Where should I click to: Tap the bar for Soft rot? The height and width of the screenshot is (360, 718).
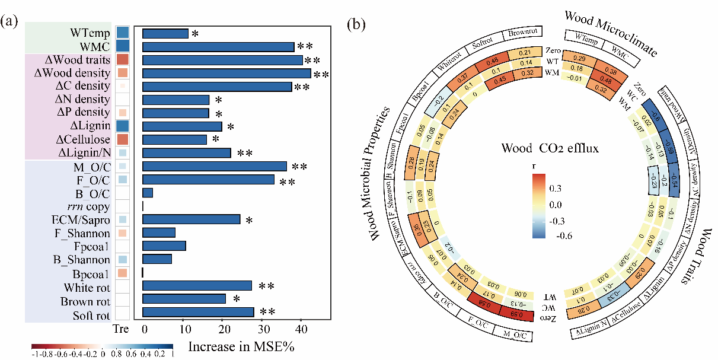[198, 312]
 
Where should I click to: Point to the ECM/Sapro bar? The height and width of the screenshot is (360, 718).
[191, 219]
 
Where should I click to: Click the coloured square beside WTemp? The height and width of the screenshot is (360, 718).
[123, 33]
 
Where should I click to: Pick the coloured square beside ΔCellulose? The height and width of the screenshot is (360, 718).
[123, 139]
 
